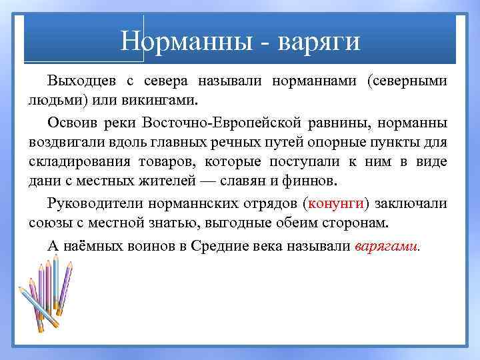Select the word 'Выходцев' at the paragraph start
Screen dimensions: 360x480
pyautogui.click(x=80, y=81)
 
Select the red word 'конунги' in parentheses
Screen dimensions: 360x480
pyautogui.click(x=339, y=203)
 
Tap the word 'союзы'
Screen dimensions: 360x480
pyautogui.click(x=49, y=222)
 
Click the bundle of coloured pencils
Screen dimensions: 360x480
pyautogui.click(x=47, y=297)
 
